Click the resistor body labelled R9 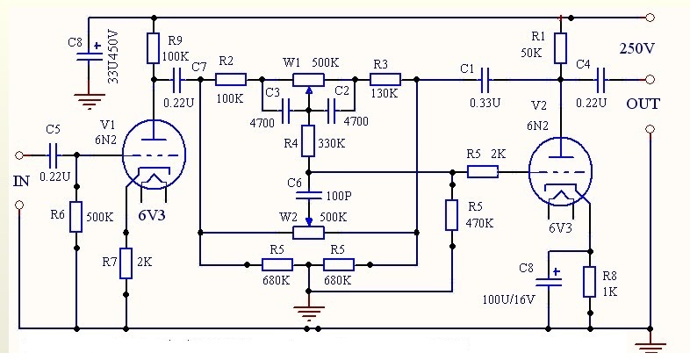[x=153, y=48]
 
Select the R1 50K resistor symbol [x=561, y=48]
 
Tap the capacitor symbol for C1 [x=485, y=80]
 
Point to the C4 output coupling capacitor [x=600, y=80]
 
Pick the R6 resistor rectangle [x=76, y=217]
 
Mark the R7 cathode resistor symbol [x=126, y=263]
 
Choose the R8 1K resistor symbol [x=590, y=282]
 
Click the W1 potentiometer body [x=308, y=80]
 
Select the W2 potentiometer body [x=308, y=233]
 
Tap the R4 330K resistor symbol [x=308, y=140]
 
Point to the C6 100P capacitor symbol [x=308, y=195]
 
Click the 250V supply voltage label [x=637, y=48]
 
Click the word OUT [x=643, y=104]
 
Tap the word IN [x=22, y=181]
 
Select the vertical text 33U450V [x=113, y=57]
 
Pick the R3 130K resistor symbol [x=385, y=80]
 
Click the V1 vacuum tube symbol [x=154, y=155]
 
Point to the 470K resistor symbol [x=451, y=215]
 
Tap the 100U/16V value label [x=508, y=300]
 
